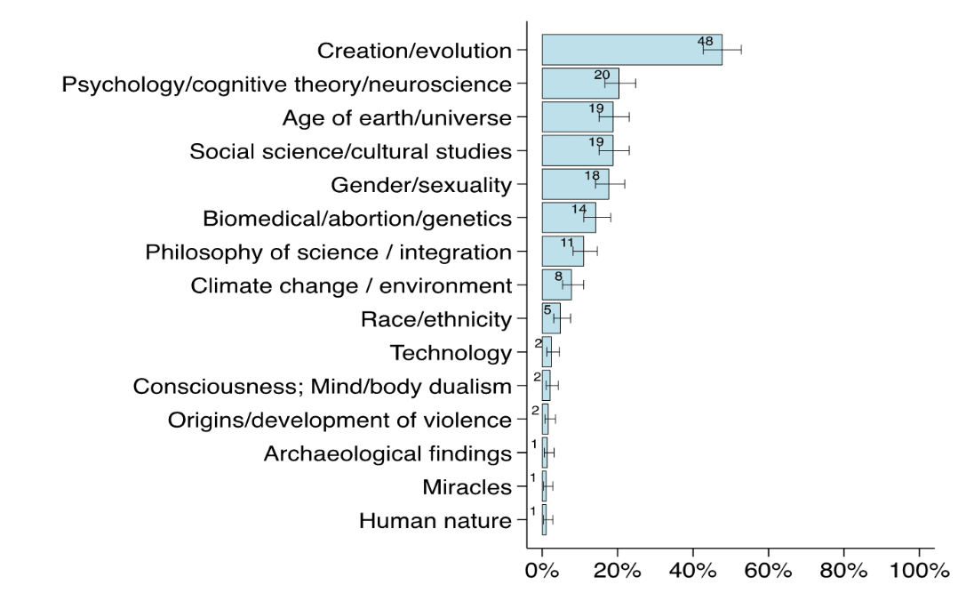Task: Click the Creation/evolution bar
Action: (x=631, y=50)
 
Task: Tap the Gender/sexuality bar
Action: (x=575, y=184)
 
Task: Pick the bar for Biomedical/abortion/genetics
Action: (x=568, y=218)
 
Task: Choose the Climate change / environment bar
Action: (x=556, y=284)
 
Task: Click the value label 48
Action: (x=706, y=41)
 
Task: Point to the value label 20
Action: (x=602, y=75)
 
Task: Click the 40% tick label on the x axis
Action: (x=692, y=571)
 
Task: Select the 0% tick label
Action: (x=542, y=571)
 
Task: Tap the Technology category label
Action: (x=451, y=353)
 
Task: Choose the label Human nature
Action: (x=435, y=521)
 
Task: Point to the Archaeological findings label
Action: (x=387, y=453)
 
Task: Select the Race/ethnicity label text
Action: (x=436, y=319)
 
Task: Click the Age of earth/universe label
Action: (x=396, y=117)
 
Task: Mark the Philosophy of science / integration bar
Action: (x=563, y=252)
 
